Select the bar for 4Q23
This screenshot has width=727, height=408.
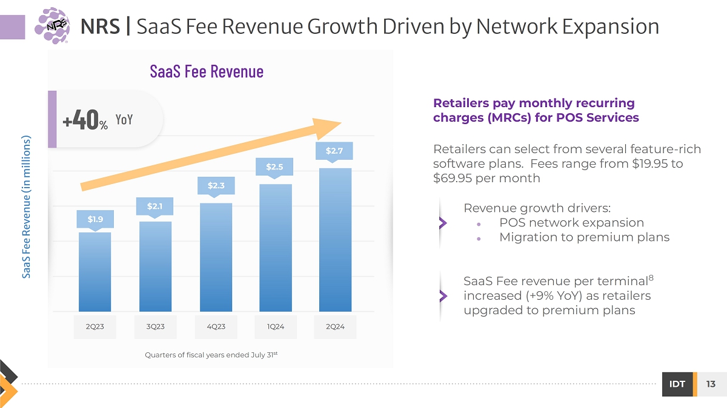click(216, 257)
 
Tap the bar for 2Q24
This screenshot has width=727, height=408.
click(335, 239)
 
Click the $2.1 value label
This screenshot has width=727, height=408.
click(155, 206)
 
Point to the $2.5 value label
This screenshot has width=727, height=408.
click(274, 166)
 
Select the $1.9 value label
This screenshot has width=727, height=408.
click(95, 219)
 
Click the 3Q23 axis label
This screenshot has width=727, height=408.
click(155, 327)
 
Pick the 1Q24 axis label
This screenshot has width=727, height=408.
click(275, 327)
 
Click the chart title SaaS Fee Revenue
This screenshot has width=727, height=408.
click(207, 71)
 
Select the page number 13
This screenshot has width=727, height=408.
click(711, 384)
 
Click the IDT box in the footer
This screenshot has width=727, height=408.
click(677, 384)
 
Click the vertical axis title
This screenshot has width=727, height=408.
click(27, 207)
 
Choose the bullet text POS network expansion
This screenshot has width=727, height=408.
click(571, 223)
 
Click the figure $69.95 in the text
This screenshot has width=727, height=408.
click(456, 179)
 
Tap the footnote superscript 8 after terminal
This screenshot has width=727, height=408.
click(651, 277)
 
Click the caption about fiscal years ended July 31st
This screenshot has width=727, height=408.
click(211, 355)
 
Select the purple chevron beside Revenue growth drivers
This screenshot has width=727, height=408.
click(443, 223)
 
